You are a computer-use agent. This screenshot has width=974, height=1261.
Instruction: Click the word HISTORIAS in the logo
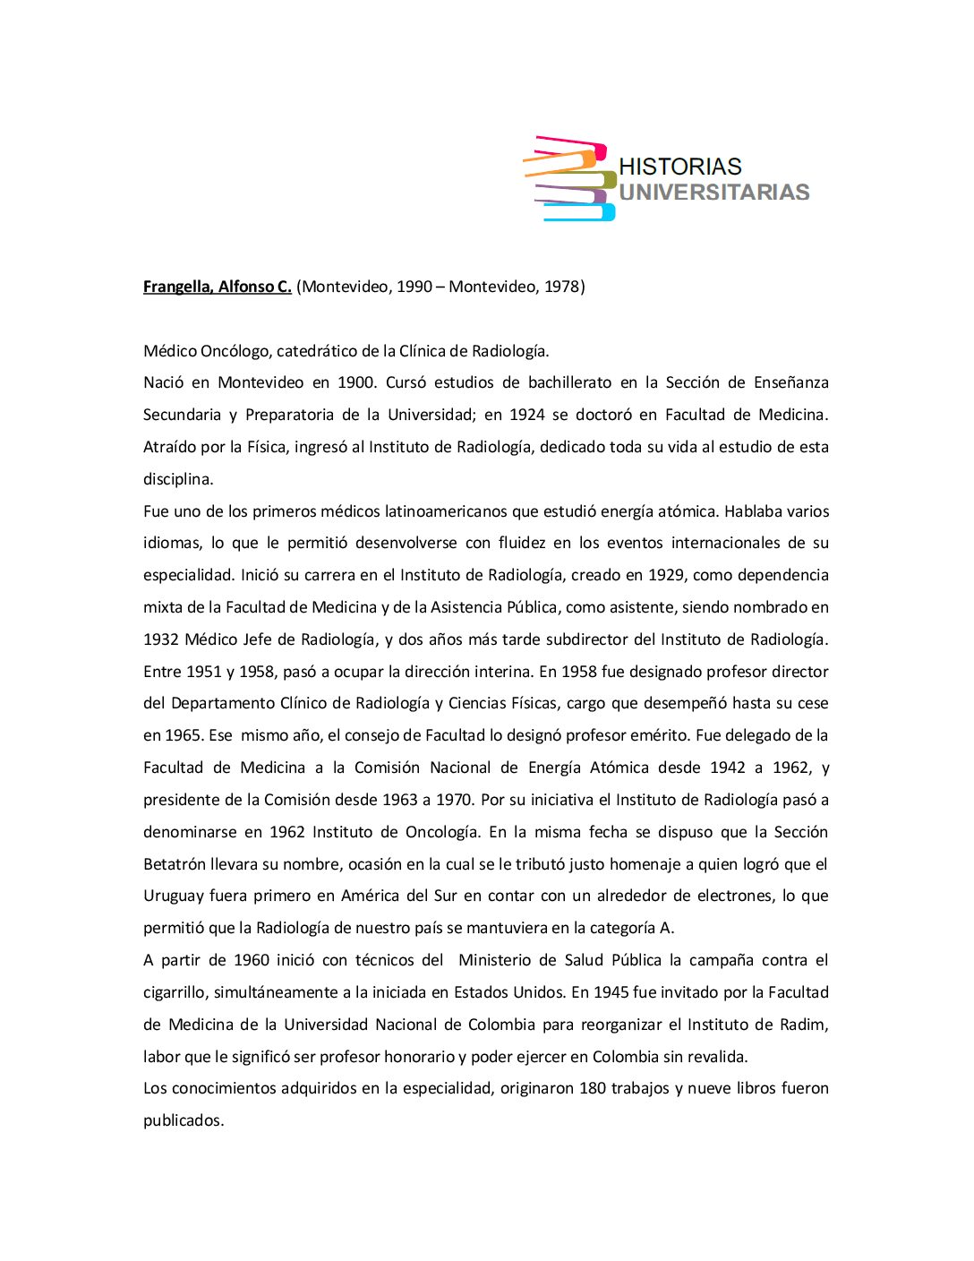679,167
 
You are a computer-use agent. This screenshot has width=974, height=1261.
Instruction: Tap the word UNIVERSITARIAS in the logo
713,193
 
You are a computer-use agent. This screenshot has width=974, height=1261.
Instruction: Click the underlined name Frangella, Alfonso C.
218,287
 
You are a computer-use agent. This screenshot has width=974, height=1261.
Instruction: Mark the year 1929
665,575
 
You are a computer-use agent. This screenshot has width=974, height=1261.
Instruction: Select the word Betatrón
175,864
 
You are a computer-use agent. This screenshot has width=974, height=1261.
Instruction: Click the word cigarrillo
175,992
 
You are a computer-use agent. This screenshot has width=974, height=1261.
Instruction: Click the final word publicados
183,1120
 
